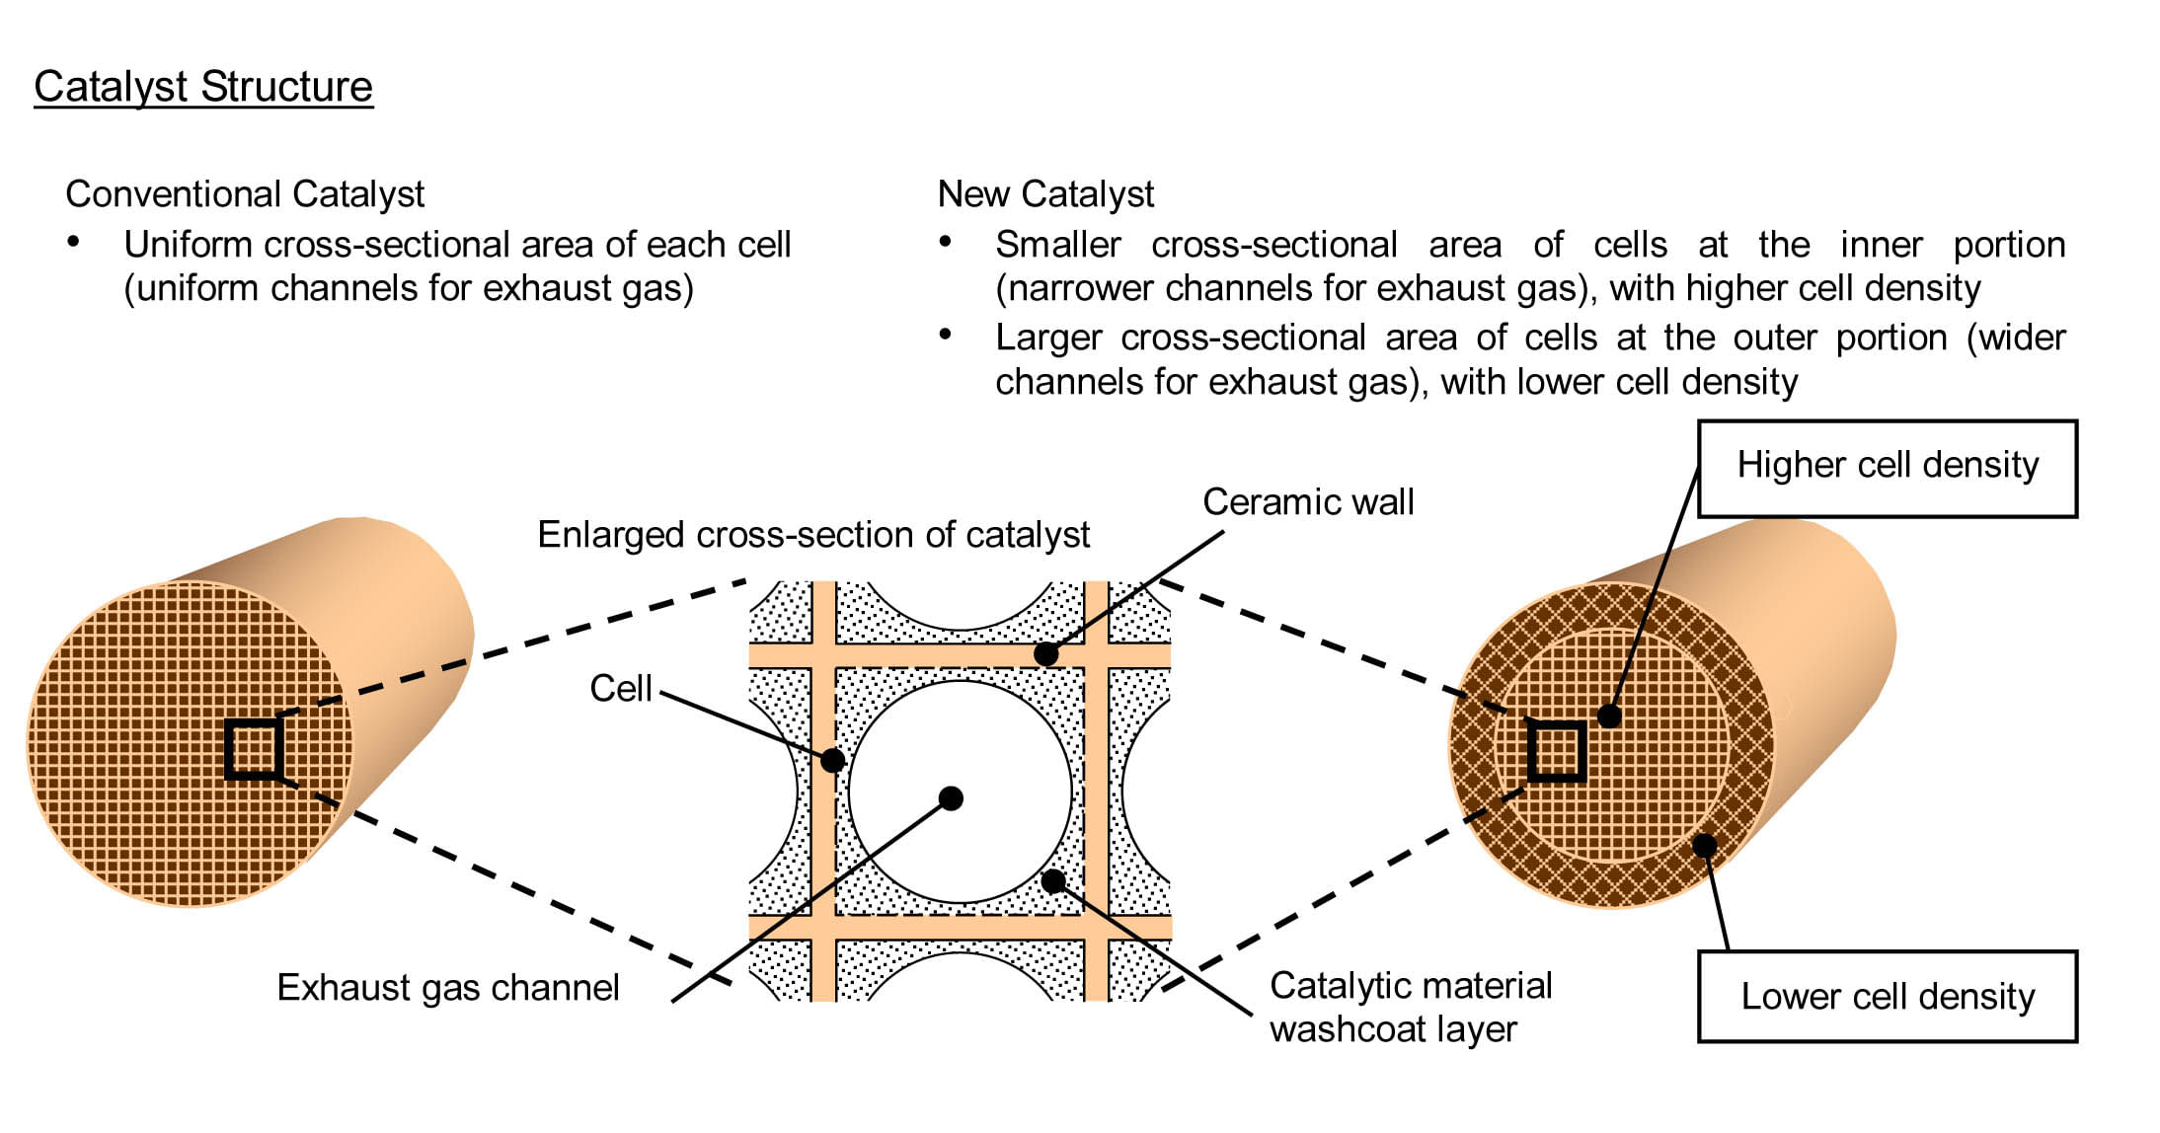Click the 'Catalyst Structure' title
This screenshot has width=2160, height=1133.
click(x=203, y=87)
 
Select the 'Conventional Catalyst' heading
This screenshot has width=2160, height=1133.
click(x=245, y=194)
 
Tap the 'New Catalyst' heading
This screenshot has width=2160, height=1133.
click(x=1045, y=194)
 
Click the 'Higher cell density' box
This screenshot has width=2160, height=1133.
click(x=1887, y=469)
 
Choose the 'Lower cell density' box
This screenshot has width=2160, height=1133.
click(x=1887, y=997)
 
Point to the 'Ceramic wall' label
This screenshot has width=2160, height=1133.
click(x=1308, y=502)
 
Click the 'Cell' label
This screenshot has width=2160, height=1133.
click(x=621, y=688)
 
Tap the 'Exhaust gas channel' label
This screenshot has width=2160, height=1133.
click(x=448, y=988)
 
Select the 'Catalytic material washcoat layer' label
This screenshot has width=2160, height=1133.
click(x=1411, y=1007)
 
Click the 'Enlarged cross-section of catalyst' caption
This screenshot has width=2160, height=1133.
click(x=813, y=535)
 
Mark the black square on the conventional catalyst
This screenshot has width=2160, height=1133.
click(x=255, y=749)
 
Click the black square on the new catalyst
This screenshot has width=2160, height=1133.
click(x=1557, y=751)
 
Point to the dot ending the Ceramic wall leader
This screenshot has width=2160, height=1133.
click(x=1046, y=653)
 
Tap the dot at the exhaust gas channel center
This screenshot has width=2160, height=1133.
click(x=951, y=797)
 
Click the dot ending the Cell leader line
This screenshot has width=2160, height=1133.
click(x=832, y=760)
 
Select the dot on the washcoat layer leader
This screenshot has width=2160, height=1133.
click(x=1053, y=880)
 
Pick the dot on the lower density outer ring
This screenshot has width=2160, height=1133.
click(x=1705, y=846)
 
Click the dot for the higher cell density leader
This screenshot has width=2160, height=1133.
click(x=1609, y=716)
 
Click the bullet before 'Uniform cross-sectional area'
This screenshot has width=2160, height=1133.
click(x=73, y=242)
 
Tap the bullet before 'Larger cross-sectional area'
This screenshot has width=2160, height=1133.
click(x=945, y=335)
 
